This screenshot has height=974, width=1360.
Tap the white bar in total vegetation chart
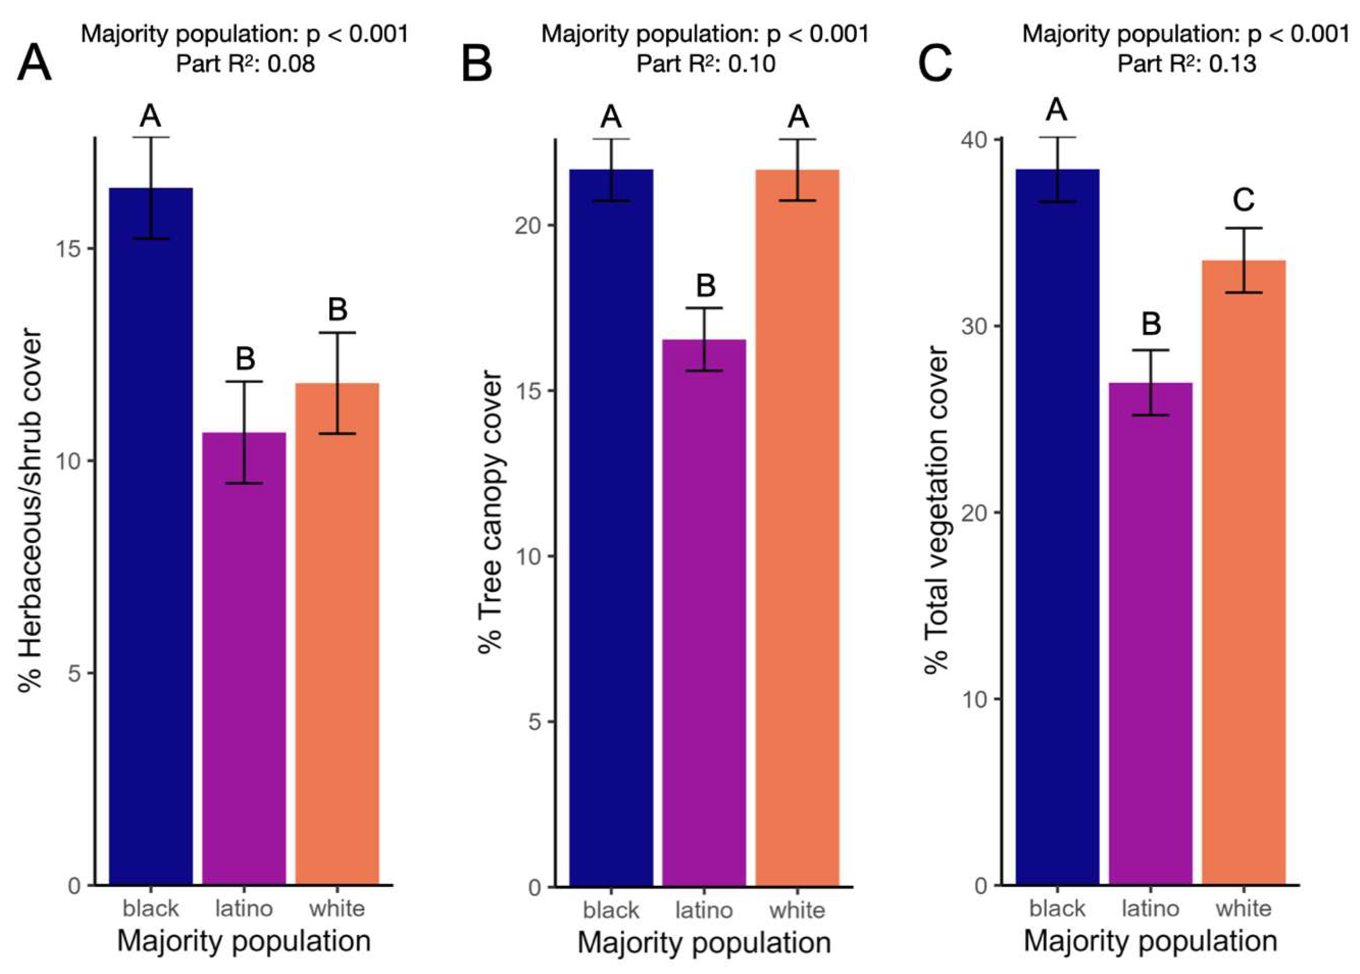[1244, 570]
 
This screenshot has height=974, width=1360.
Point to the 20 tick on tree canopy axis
[528, 226]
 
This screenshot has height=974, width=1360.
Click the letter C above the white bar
[1244, 199]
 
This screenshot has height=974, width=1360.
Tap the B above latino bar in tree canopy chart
[705, 285]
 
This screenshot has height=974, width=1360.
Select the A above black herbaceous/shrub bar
[151, 115]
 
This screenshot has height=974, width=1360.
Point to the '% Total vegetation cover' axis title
[936, 510]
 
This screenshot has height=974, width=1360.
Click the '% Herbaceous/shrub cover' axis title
[30, 510]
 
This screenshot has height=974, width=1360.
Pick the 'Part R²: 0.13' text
[1186, 64]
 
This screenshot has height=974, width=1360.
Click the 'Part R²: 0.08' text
[245, 64]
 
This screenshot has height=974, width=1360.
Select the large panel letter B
[477, 64]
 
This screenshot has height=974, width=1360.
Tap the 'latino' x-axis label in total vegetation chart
[1150, 908]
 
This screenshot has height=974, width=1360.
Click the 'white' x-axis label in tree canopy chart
[797, 910]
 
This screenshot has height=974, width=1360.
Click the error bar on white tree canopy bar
[797, 170]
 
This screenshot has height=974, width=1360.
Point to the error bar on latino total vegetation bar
[1151, 382]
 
